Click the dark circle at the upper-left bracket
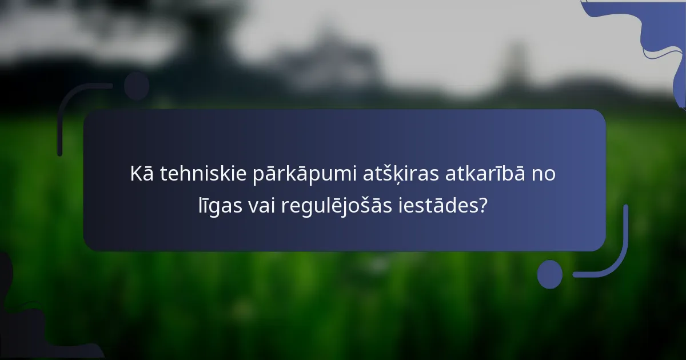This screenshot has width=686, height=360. tap(137, 86)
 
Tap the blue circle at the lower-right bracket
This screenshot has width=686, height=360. tap(550, 274)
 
